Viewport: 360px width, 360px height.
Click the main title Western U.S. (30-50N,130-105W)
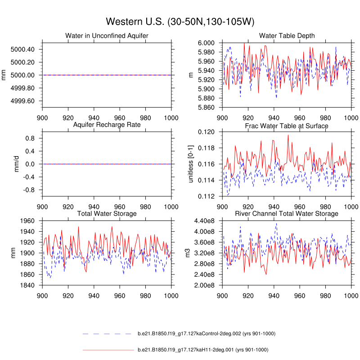(x=180, y=22)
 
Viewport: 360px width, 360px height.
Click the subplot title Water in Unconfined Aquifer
(x=107, y=36)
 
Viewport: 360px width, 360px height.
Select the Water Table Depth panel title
(x=287, y=36)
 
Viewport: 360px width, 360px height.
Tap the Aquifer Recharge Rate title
(x=107, y=125)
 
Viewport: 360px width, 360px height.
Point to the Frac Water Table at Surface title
(x=287, y=126)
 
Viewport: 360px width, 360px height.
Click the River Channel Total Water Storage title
(x=287, y=213)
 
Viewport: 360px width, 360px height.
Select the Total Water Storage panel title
(x=107, y=213)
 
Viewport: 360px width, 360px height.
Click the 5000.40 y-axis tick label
(x=22, y=49)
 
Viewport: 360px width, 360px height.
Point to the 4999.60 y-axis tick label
(x=22, y=101)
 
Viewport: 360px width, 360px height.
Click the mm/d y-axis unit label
(x=4, y=164)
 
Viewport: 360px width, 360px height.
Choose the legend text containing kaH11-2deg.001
(x=202, y=350)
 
